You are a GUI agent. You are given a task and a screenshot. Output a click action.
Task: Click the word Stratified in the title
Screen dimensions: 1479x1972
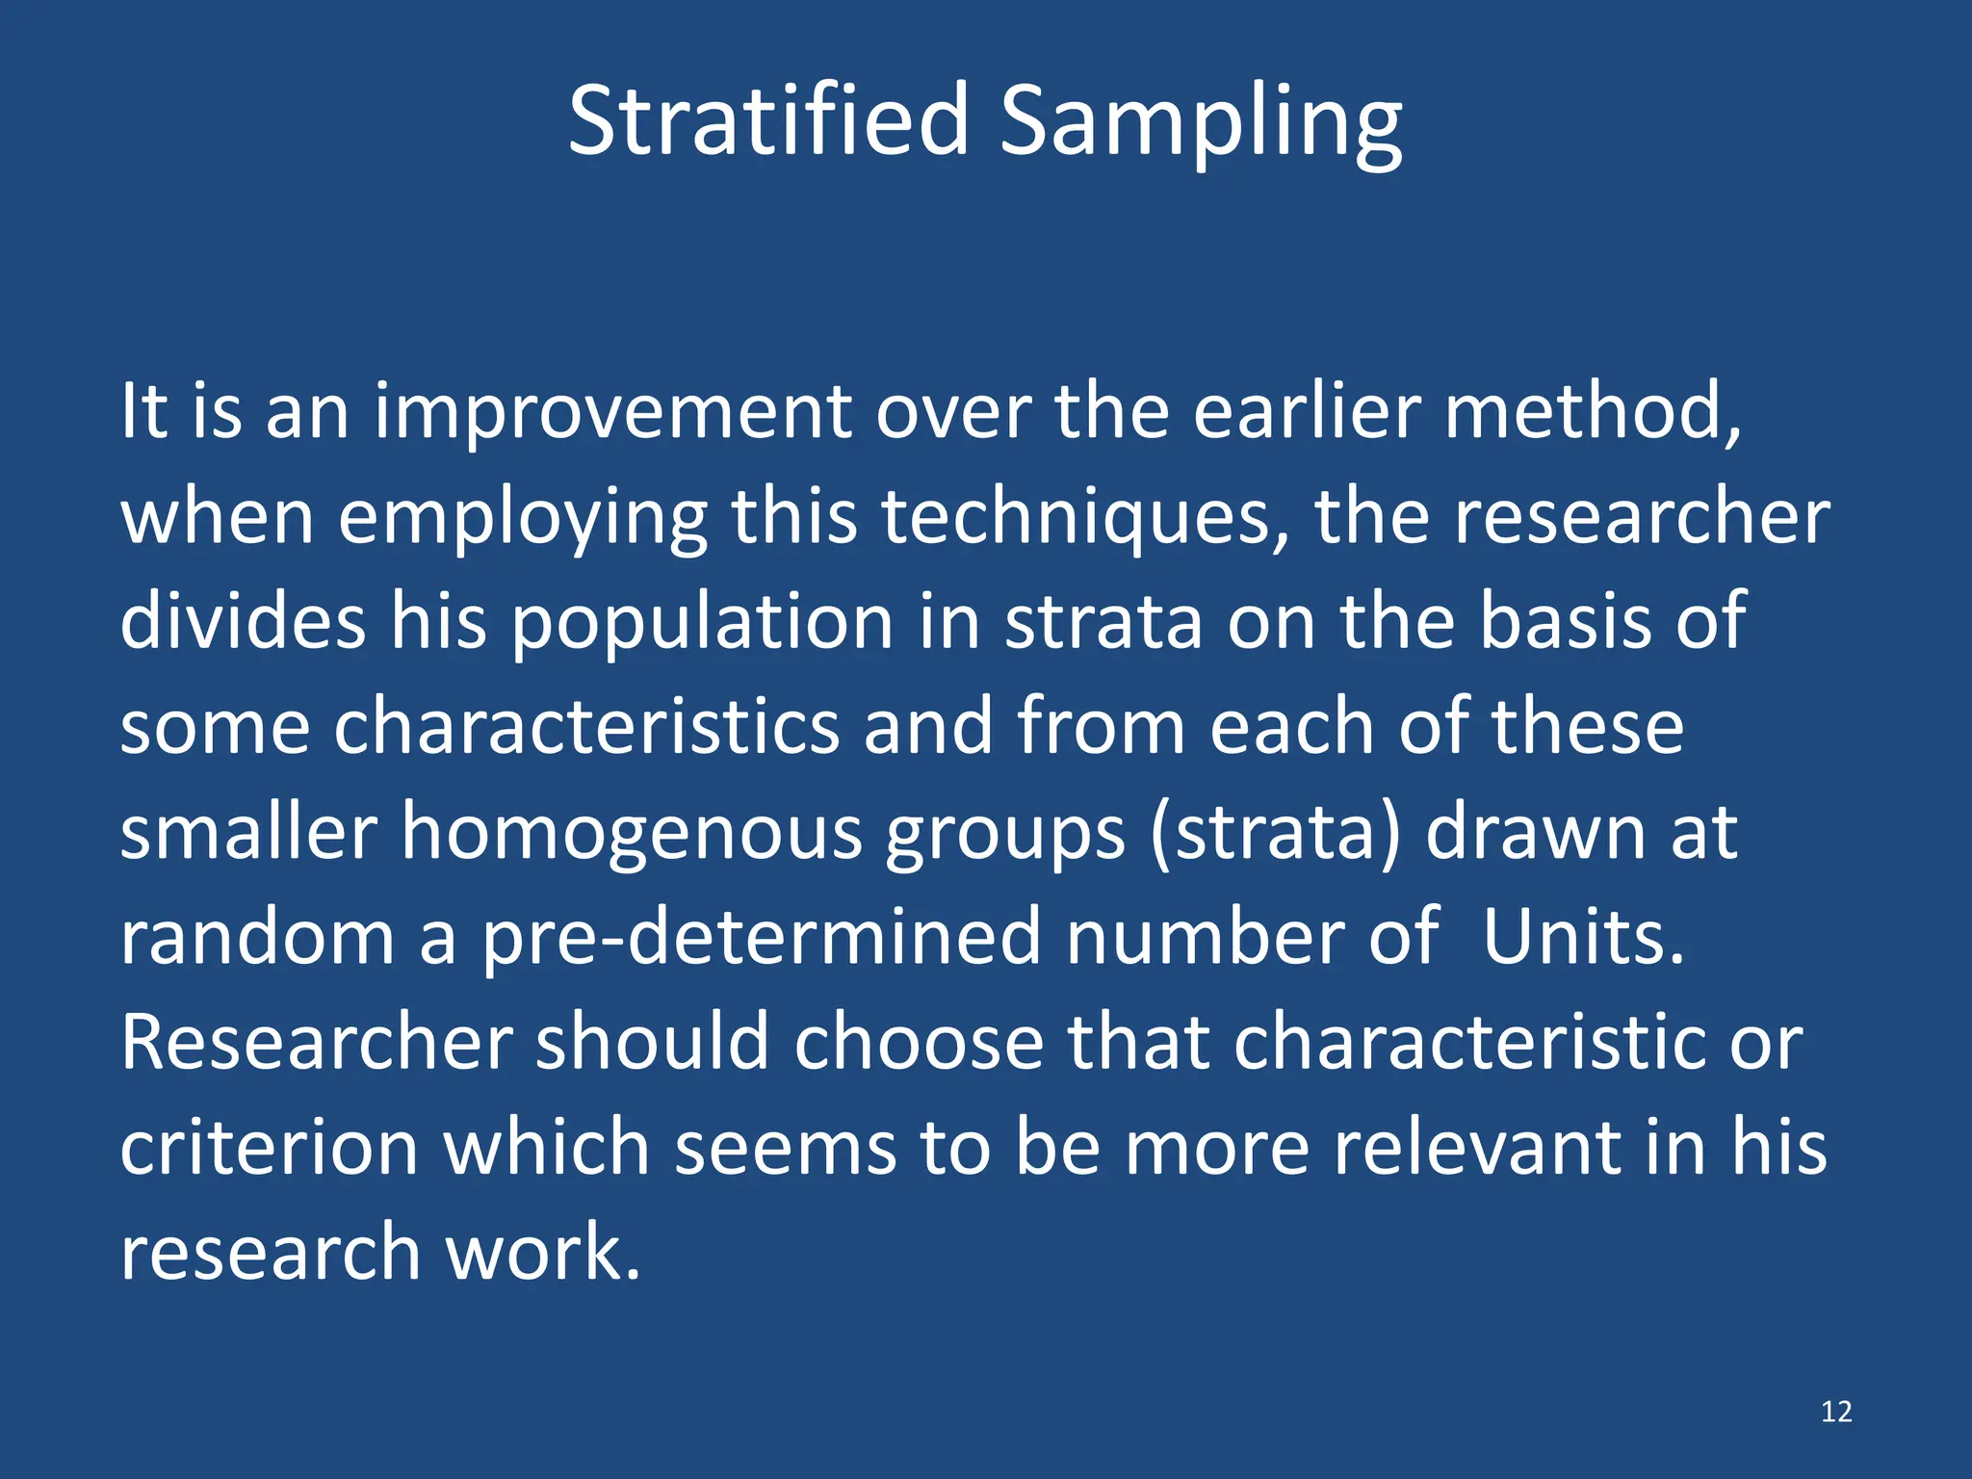point(767,119)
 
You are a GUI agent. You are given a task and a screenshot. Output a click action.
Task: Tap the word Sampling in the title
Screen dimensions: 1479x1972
point(1201,123)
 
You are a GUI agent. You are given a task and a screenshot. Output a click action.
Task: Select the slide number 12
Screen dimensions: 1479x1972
point(1836,1412)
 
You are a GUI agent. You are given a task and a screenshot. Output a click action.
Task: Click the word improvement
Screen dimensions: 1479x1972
point(612,412)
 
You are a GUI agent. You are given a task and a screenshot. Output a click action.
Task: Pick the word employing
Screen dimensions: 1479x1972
point(523,518)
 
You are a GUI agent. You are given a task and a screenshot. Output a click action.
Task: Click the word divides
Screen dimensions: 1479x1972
point(243,621)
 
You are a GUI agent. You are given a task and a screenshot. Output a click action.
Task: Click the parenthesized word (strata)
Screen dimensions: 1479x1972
point(1275,832)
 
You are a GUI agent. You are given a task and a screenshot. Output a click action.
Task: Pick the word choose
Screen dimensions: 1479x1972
point(919,1042)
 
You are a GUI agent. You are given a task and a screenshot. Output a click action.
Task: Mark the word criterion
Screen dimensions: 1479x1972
point(269,1148)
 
